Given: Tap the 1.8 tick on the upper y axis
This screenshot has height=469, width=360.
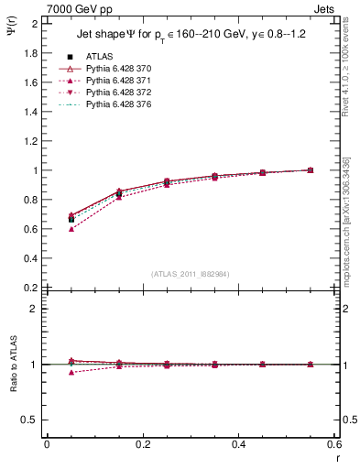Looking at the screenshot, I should pyautogui.click(x=32, y=53).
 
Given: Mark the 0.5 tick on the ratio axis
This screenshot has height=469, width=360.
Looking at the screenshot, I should pyautogui.click(x=32, y=420).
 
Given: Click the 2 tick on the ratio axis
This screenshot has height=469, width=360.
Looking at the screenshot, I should pyautogui.click(x=37, y=310).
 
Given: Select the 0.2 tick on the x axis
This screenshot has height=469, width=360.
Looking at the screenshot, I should pyautogui.click(x=142, y=444).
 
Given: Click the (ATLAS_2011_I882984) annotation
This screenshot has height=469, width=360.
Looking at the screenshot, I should pyautogui.click(x=191, y=274).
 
